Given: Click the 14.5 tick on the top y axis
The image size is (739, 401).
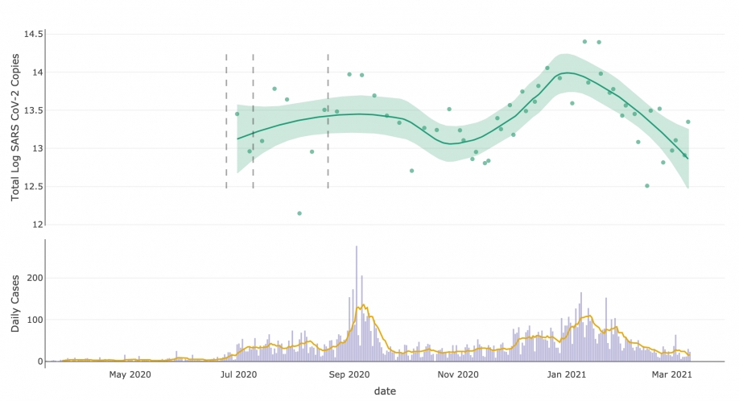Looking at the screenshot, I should point(32,35).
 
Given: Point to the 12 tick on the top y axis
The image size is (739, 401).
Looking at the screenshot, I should point(36,224).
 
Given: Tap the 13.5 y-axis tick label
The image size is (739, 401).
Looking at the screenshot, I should point(32,110).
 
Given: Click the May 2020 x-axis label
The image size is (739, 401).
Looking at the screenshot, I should point(130,374).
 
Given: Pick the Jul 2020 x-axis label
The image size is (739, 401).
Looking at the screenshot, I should point(238,374).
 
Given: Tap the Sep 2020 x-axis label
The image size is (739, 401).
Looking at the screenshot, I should point(349,374).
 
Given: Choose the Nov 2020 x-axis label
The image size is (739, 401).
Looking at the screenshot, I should point(458,374).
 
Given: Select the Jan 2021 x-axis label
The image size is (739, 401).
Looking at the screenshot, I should point(567,374).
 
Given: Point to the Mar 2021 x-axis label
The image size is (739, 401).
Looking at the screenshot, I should point(671,374).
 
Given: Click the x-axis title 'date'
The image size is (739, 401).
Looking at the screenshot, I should point(385,391).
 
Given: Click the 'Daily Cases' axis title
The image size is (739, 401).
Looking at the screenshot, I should point(15,300).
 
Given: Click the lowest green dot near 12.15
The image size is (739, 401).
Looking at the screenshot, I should point(299,213).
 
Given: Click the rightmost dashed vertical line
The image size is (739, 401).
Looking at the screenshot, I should point(328,121).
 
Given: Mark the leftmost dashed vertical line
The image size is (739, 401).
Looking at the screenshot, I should point(226,121).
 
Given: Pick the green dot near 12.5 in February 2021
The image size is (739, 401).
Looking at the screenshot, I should point(647,186).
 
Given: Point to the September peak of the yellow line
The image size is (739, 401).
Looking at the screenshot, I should point(363,305).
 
